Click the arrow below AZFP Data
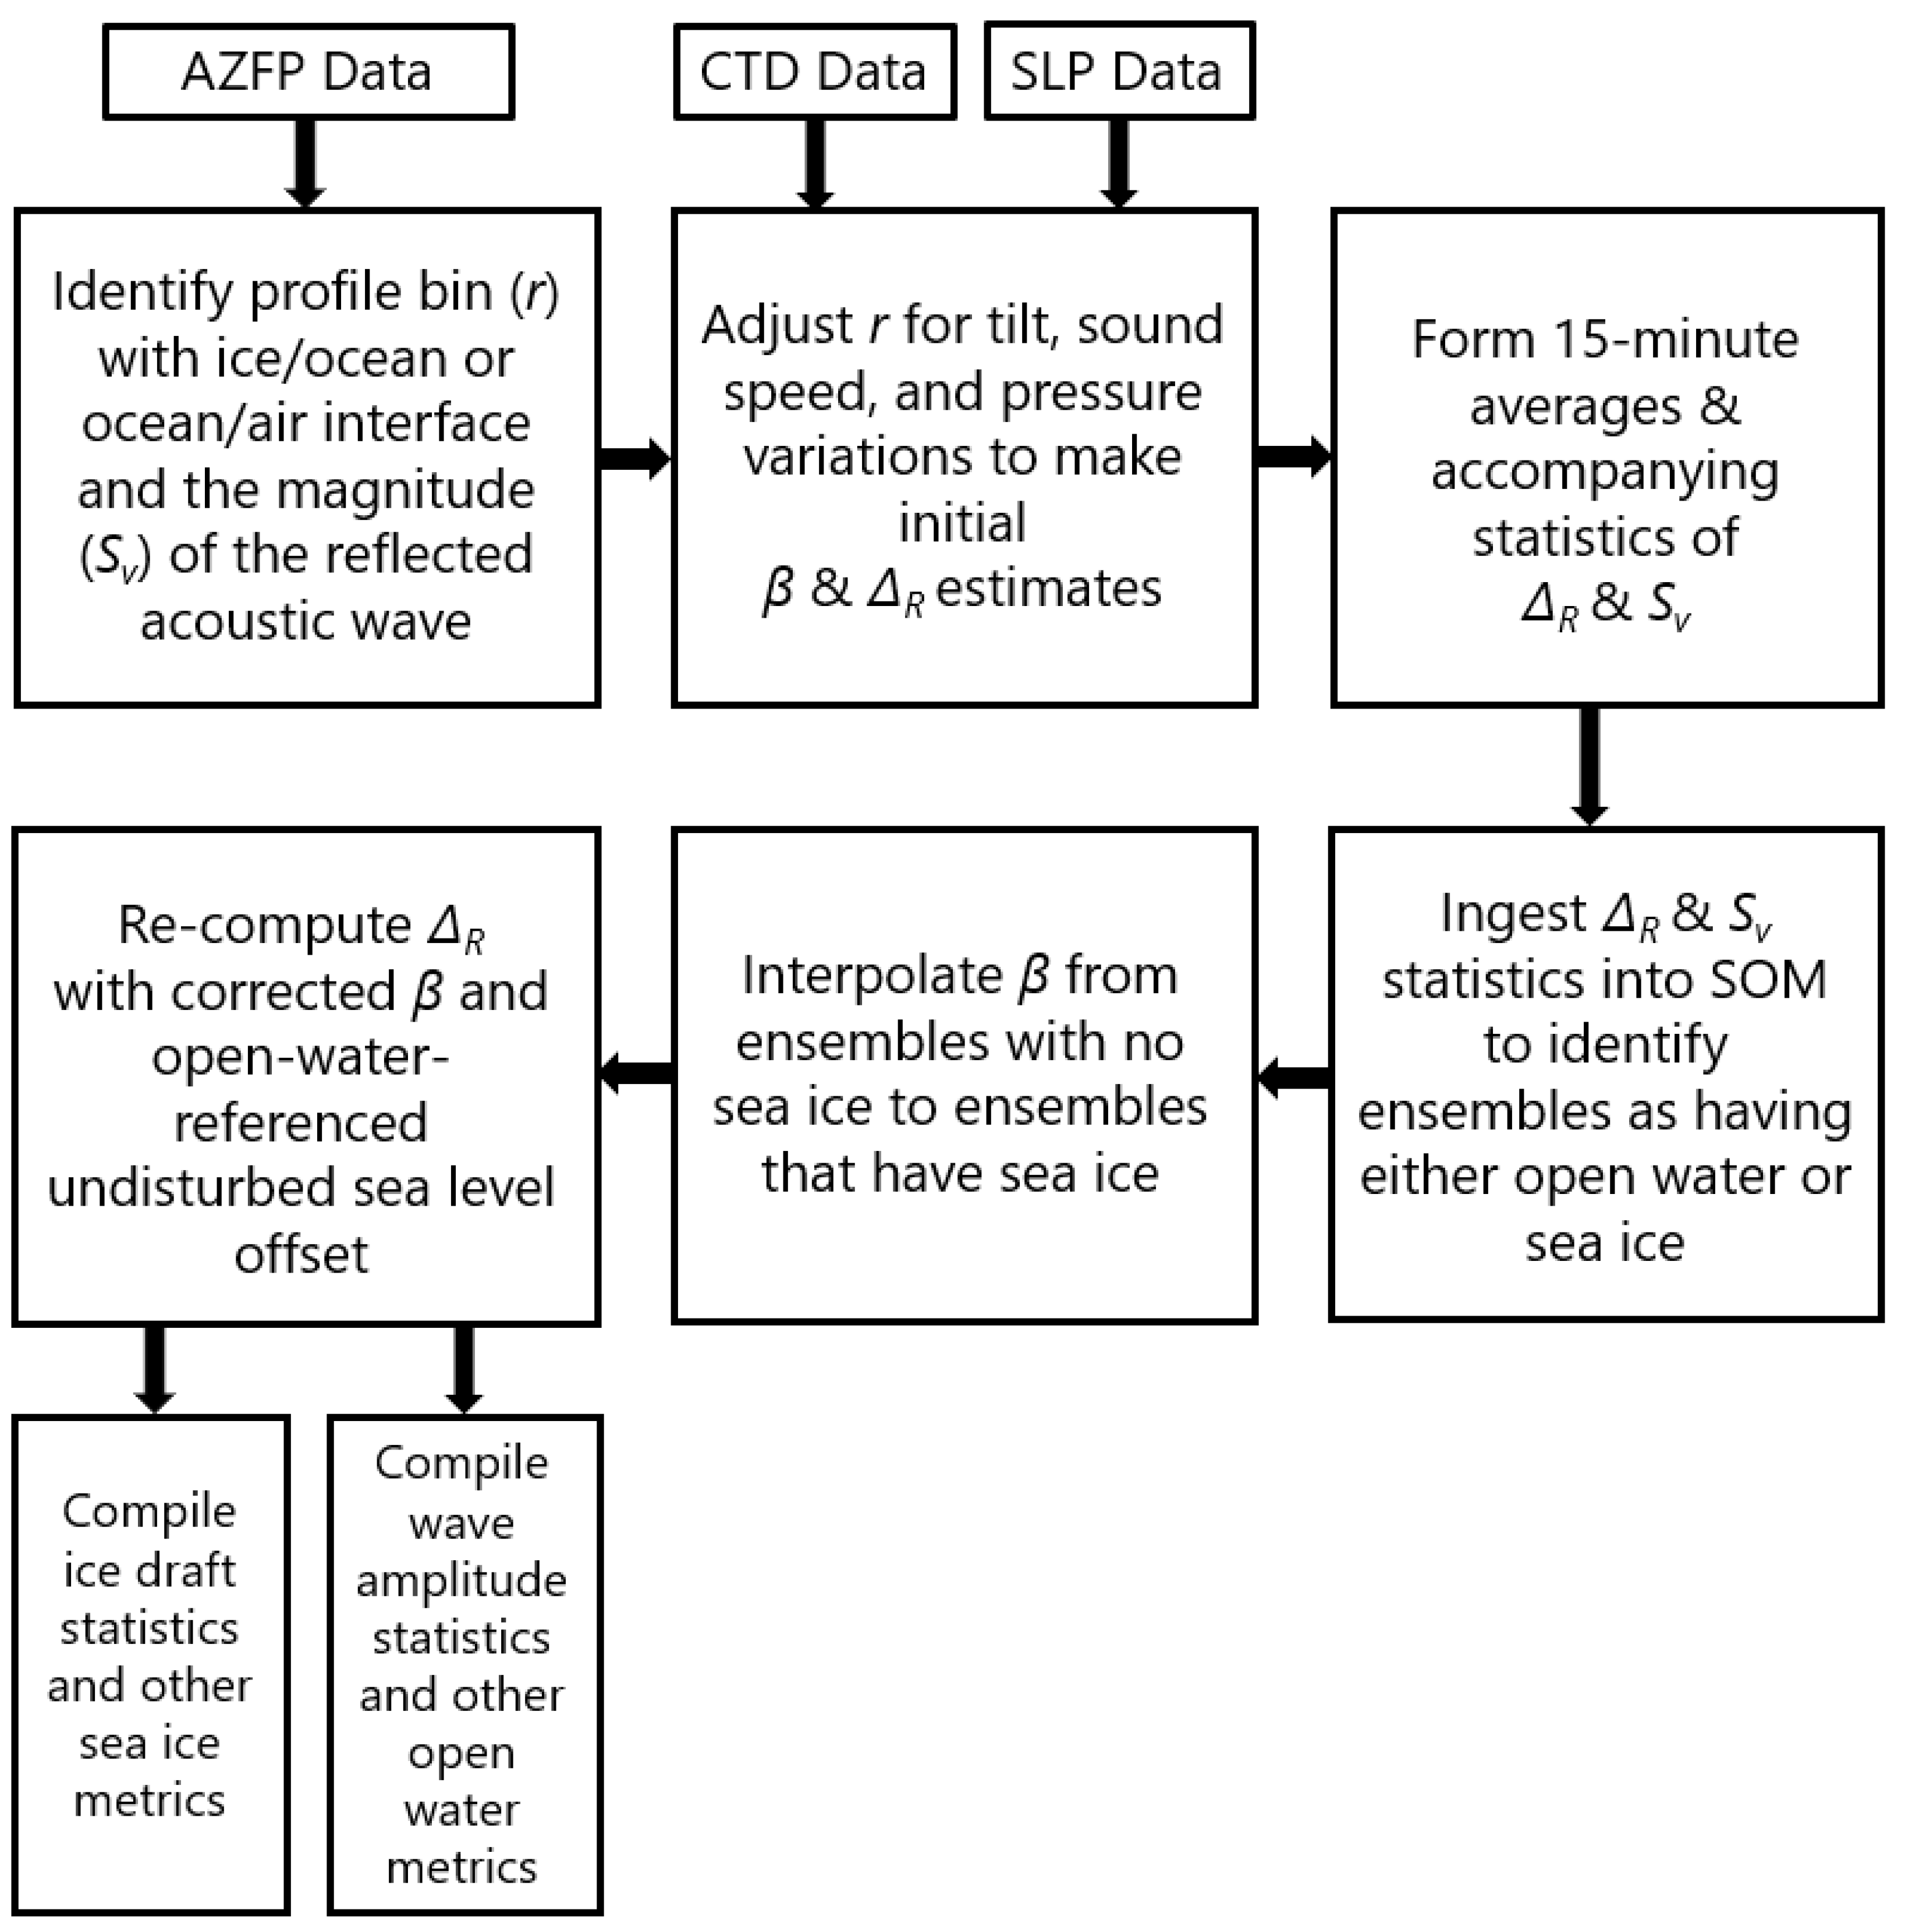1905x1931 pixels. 305,162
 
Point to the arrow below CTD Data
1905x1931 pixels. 815,162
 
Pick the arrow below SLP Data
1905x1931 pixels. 1119,162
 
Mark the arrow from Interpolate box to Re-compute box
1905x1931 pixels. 636,1072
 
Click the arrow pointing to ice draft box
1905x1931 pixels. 155,1368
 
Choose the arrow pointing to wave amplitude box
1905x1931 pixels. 464,1368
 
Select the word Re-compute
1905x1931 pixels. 264,926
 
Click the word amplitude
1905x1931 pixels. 461,1581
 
